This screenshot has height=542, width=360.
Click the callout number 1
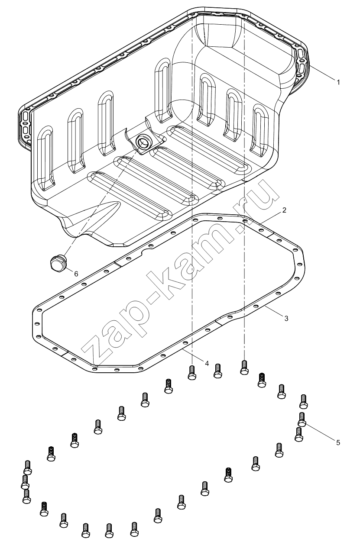pyautogui.click(x=338, y=82)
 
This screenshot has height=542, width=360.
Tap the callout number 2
pyautogui.click(x=284, y=210)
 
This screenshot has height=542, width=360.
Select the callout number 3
pyautogui.click(x=286, y=319)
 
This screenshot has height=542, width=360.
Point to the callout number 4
pyautogui.click(x=207, y=363)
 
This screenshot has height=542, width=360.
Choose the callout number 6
pyautogui.click(x=76, y=274)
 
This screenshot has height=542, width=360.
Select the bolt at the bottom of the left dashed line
pyautogui.click(x=192, y=373)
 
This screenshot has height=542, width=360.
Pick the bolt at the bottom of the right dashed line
pyautogui.click(x=244, y=368)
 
